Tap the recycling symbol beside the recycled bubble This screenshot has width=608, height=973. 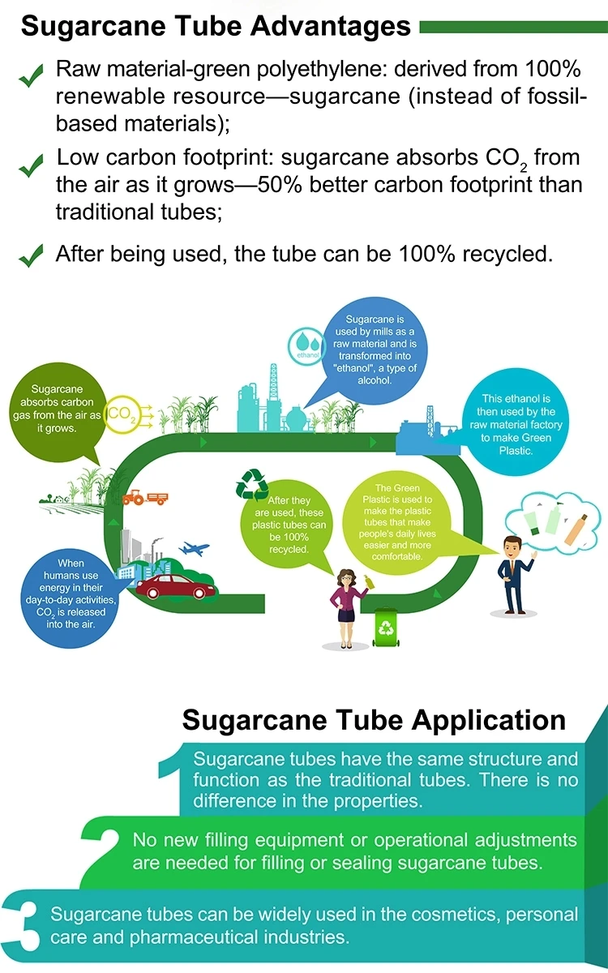click(251, 485)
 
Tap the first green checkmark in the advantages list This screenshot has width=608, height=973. click(31, 79)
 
